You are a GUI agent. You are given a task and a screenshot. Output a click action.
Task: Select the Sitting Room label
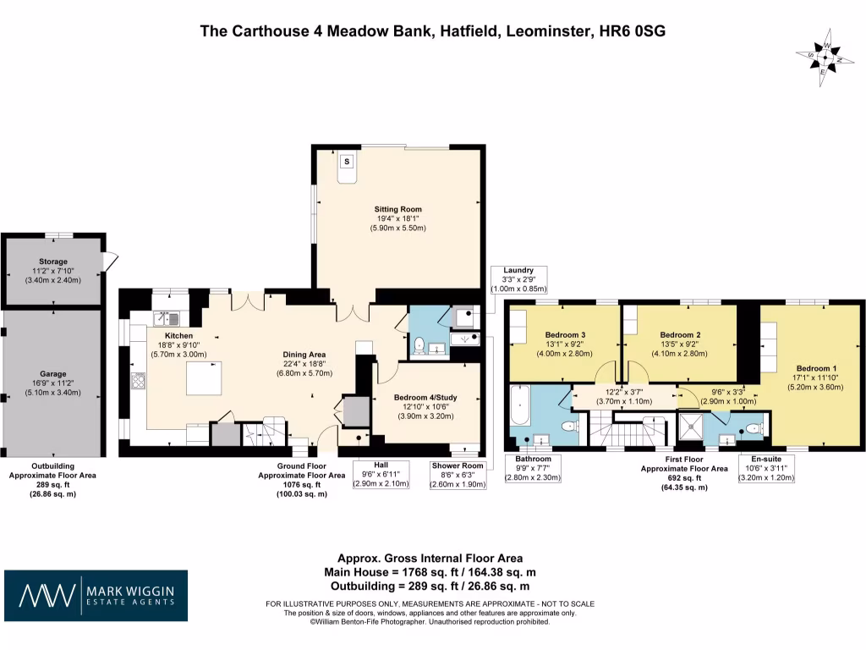397,209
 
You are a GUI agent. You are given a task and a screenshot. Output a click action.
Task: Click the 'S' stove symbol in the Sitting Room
347,162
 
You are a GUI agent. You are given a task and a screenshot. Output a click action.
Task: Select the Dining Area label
304,354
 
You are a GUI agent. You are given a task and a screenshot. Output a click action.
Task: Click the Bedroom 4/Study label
426,396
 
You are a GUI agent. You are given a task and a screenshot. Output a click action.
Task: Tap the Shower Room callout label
458,465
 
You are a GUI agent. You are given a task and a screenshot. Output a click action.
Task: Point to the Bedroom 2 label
680,335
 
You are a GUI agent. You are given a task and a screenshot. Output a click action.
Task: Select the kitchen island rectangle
204,378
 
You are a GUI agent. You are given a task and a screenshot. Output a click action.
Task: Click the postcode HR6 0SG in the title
632,31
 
